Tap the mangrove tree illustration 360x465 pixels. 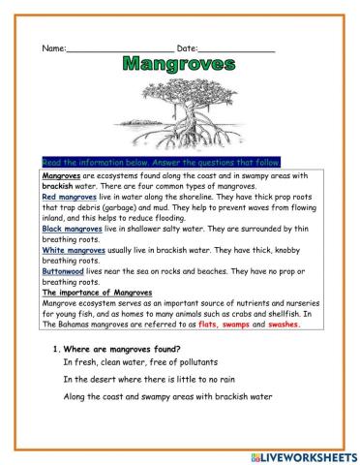tap(179, 114)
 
